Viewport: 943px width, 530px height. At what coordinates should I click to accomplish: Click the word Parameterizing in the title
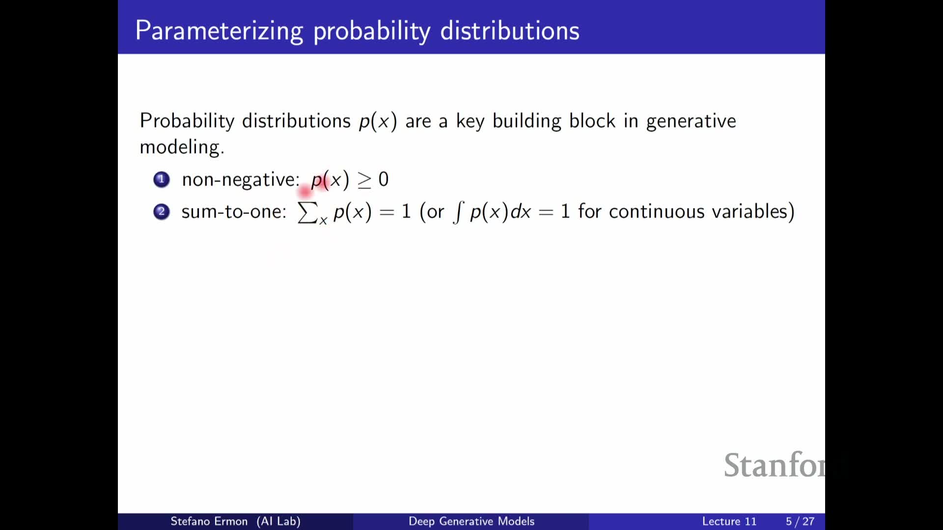pyautogui.click(x=220, y=31)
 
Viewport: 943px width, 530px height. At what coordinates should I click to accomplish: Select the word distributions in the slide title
pyautogui.click(x=510, y=30)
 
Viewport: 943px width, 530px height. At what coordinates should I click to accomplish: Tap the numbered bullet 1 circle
pyautogui.click(x=162, y=180)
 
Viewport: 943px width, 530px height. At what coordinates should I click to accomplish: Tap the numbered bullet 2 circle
pyautogui.click(x=162, y=212)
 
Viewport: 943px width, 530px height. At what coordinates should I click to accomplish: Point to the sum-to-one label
pyautogui.click(x=234, y=212)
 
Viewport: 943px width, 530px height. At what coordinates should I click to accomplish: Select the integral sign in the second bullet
pyautogui.click(x=458, y=212)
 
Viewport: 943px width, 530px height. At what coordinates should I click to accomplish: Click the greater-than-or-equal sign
pyautogui.click(x=364, y=181)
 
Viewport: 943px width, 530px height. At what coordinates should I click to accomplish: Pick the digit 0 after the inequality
pyautogui.click(x=384, y=179)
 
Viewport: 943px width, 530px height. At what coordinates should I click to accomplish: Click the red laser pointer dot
pyautogui.click(x=305, y=190)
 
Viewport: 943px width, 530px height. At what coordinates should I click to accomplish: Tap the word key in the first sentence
pyautogui.click(x=470, y=121)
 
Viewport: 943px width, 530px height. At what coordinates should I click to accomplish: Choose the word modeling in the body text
pyautogui.click(x=182, y=147)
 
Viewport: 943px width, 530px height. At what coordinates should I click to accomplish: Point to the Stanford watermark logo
pyautogui.click(x=775, y=465)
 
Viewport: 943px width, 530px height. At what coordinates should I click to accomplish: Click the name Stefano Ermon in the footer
pyautogui.click(x=209, y=521)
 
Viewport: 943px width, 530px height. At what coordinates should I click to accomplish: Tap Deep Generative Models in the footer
pyautogui.click(x=471, y=521)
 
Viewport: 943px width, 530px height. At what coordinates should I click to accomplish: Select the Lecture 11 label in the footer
pyautogui.click(x=729, y=521)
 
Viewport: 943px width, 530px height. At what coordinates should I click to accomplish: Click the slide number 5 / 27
pyautogui.click(x=800, y=521)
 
